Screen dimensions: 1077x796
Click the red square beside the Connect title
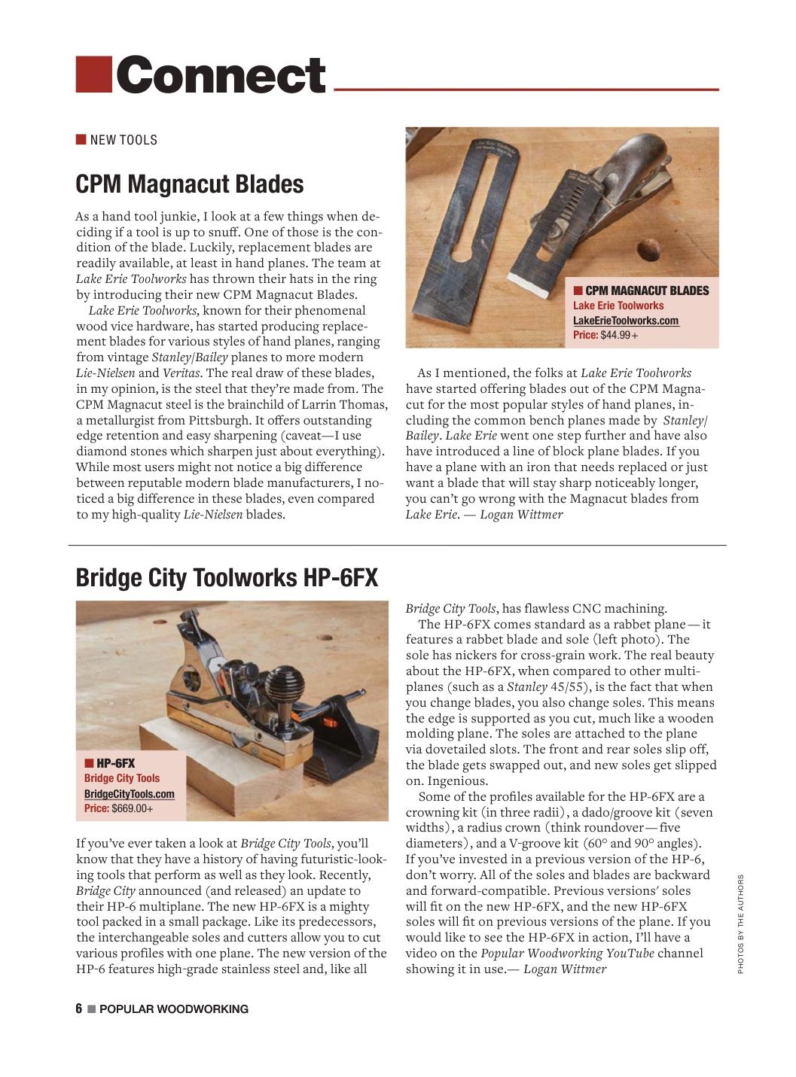[94, 75]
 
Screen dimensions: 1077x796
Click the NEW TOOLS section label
[124, 140]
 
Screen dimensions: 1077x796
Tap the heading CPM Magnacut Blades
[190, 184]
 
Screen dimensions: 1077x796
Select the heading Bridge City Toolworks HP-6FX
[227, 577]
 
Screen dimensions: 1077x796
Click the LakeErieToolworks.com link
[625, 321]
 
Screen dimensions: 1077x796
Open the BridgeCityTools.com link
[129, 794]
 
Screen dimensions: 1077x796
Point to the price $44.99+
[618, 335]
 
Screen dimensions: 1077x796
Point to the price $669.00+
[132, 809]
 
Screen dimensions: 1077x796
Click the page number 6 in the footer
[78, 1009]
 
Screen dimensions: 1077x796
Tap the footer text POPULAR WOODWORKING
[174, 1009]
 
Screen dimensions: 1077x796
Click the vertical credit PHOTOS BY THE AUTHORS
[740, 923]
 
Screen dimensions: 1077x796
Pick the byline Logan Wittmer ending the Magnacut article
[521, 515]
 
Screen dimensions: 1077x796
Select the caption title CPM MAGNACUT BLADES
[647, 291]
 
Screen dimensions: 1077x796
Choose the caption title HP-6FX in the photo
[115, 763]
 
